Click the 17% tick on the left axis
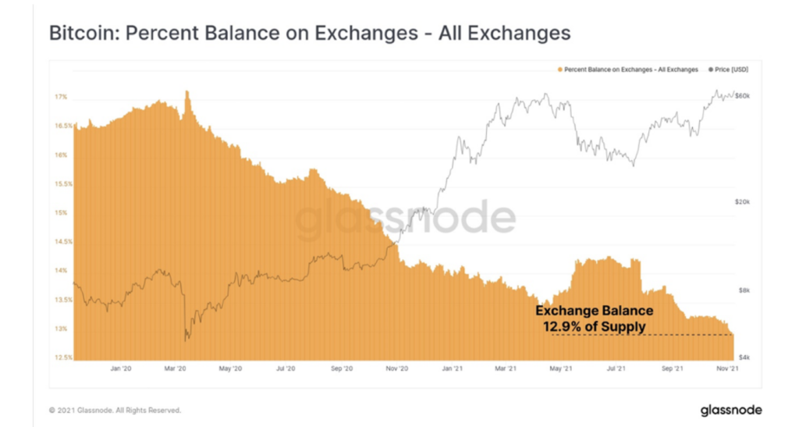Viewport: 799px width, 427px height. [x=61, y=97]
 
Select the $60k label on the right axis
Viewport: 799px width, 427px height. [x=743, y=95]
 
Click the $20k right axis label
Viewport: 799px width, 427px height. [x=743, y=201]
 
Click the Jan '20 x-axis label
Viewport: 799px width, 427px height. [x=120, y=368]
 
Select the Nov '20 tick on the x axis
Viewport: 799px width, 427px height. [x=398, y=368]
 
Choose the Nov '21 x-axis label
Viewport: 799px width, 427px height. [x=728, y=368]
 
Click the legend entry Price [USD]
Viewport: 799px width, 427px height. [x=728, y=69]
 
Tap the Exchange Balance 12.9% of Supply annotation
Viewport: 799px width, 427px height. [x=594, y=318]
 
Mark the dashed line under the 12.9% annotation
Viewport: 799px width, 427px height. [x=640, y=335]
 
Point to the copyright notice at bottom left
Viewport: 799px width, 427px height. [x=114, y=410]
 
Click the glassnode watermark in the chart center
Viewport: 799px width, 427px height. [x=405, y=219]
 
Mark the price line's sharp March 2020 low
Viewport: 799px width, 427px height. [x=185, y=340]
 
